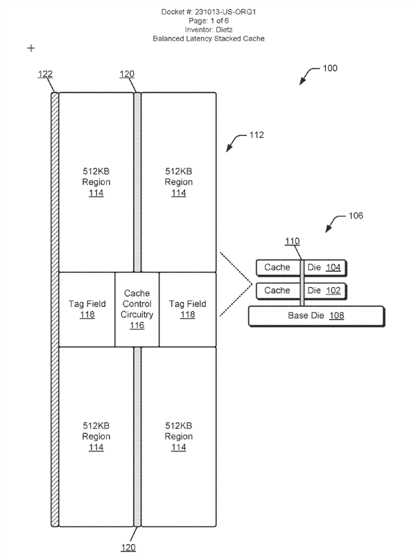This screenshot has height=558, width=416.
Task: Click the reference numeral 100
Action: click(331, 69)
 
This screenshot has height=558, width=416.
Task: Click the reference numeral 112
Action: click(256, 135)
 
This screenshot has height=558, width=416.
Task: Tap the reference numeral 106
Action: click(354, 216)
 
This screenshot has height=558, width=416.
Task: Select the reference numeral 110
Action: click(292, 241)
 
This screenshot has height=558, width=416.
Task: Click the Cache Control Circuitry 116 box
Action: click(137, 309)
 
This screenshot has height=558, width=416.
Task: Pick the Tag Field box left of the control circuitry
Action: click(87, 309)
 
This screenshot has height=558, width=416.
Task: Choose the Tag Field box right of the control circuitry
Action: click(187, 309)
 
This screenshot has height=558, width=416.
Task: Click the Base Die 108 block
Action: click(315, 315)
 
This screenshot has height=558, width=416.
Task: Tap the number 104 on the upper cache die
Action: click(333, 268)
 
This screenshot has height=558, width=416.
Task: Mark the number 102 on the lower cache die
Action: click(333, 290)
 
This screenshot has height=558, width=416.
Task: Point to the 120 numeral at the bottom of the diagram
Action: click(128, 547)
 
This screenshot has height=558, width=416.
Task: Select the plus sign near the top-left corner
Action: click(31, 49)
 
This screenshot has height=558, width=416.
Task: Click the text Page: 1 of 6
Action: click(208, 21)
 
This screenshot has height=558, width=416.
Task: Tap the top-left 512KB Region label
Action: click(96, 182)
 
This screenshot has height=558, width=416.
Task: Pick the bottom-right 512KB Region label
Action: click(179, 437)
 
